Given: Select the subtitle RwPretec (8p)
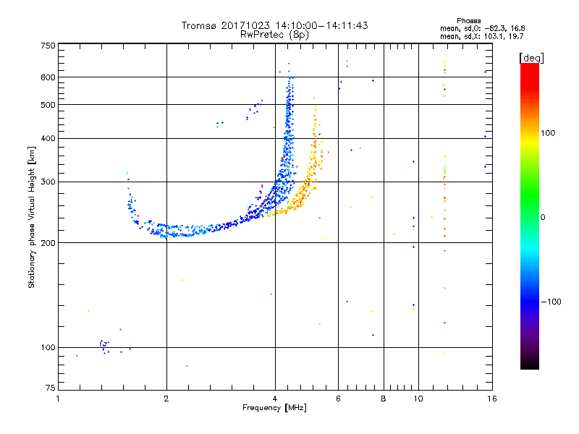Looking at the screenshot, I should coord(274,34).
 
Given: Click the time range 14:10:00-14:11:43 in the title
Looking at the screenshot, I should coord(318,25).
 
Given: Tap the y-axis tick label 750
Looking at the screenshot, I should coord(48,46).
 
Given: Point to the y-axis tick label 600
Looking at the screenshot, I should coord(48,77).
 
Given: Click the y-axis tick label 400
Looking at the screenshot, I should coord(48,139).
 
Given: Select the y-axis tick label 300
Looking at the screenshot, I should coord(48,182).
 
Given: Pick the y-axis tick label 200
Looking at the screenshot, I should coord(48,243).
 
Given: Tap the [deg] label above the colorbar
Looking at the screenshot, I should coord(532,57).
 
